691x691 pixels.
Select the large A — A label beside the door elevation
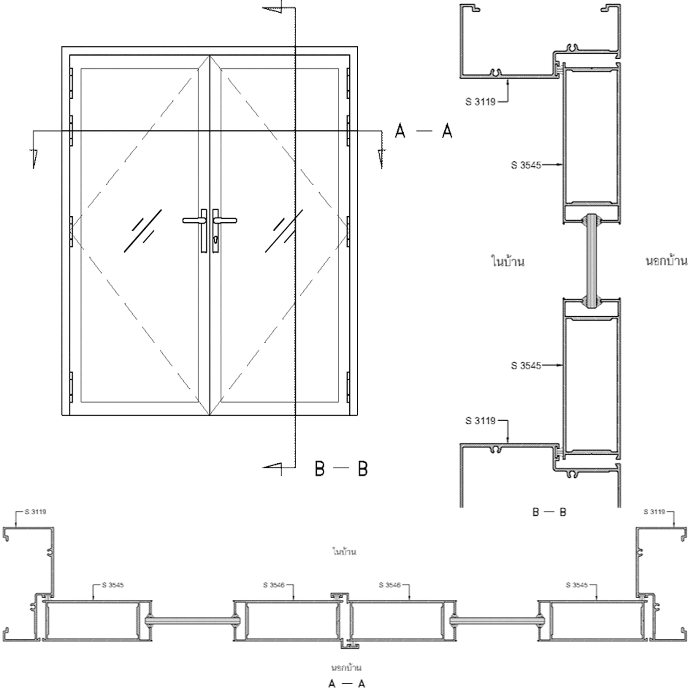point(423,131)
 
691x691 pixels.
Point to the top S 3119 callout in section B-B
point(480,102)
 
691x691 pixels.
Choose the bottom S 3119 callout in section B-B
point(480,421)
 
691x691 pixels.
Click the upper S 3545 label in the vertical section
point(526,165)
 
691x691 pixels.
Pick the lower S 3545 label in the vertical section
point(526,366)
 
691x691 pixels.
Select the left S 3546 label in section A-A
point(274,585)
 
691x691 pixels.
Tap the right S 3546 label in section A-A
point(390,585)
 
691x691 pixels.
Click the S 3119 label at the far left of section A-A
point(35,512)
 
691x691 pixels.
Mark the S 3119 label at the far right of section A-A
point(654,512)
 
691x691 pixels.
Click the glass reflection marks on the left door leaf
point(143,231)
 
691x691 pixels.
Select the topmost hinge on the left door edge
point(71,83)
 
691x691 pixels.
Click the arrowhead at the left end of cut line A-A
point(33,159)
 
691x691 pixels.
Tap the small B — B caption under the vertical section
point(549,512)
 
